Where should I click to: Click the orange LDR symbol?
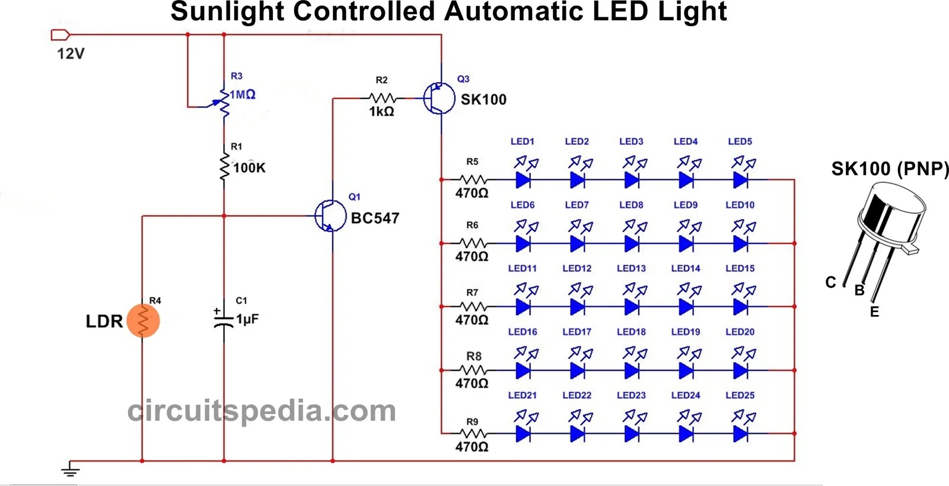click(x=143, y=320)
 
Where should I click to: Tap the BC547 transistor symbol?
click(x=330, y=216)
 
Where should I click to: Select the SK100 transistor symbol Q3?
click(x=439, y=99)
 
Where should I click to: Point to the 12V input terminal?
click(x=60, y=35)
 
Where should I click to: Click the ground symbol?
click(x=70, y=471)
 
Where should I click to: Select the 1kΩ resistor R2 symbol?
click(x=382, y=98)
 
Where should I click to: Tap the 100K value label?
click(x=249, y=168)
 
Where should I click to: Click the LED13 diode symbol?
click(x=632, y=306)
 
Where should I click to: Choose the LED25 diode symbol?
click(x=740, y=434)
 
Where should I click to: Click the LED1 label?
click(x=523, y=141)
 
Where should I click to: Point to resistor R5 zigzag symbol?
click(x=473, y=179)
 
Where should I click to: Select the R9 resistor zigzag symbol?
click(x=473, y=434)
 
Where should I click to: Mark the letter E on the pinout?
click(x=874, y=312)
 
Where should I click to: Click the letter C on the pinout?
click(x=830, y=282)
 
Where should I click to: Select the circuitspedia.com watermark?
click(x=262, y=411)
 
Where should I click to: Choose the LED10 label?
click(x=740, y=205)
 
